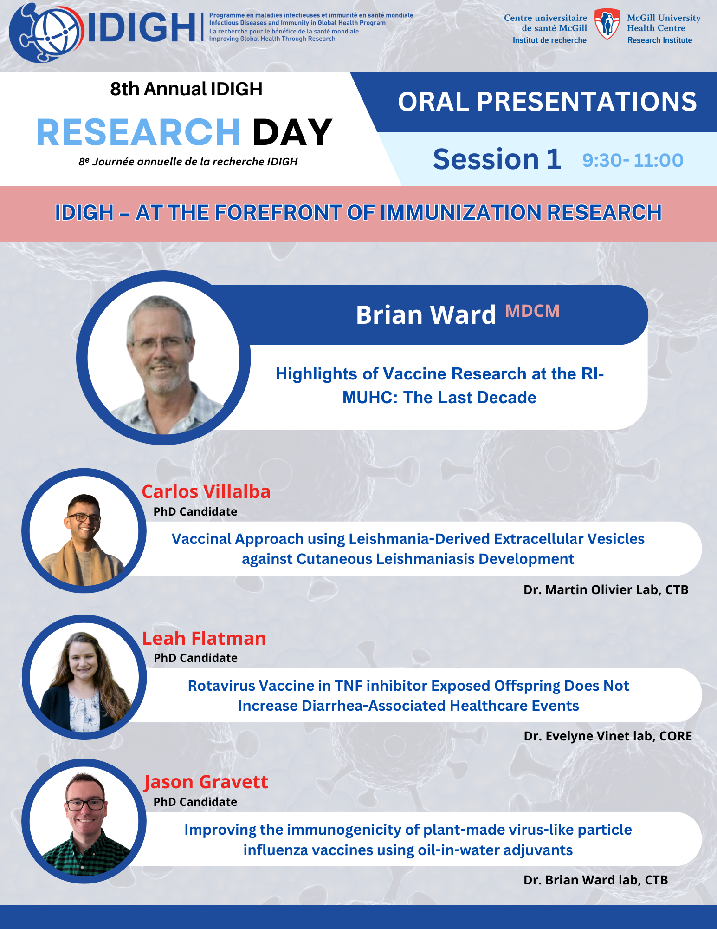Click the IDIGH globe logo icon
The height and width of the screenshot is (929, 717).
click(46, 33)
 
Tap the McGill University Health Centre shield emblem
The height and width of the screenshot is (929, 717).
click(607, 24)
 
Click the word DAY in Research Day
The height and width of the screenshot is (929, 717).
click(292, 132)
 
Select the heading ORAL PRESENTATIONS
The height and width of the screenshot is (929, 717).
click(547, 102)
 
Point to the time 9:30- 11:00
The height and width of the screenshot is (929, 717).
click(633, 160)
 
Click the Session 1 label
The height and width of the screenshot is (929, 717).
click(497, 159)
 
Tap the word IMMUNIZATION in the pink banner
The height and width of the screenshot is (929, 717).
click(461, 213)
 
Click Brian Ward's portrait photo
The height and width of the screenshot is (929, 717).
click(163, 358)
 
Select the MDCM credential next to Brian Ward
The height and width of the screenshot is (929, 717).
click(532, 311)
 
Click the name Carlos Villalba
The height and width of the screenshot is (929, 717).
click(206, 491)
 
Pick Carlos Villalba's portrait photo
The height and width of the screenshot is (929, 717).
click(84, 530)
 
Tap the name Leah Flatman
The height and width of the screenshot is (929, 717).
click(204, 638)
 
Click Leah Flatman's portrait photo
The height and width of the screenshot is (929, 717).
click(84, 677)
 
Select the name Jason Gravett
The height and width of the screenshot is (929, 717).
click(206, 782)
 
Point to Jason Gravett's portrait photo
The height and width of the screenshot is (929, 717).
click(84, 821)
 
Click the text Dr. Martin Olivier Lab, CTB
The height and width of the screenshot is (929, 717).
click(606, 589)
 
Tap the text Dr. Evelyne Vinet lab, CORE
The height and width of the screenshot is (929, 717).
click(608, 736)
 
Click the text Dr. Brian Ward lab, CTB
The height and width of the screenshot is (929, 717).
click(596, 880)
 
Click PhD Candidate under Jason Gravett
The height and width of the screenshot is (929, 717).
click(195, 802)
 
